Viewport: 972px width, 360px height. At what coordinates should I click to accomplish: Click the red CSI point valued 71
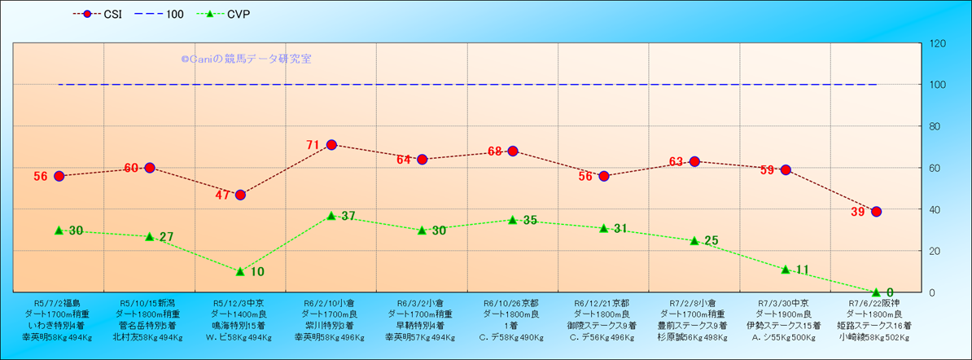click(331, 145)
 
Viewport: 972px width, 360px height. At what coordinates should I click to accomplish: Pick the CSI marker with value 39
click(877, 212)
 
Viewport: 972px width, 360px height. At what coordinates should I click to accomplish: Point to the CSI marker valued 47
click(240, 195)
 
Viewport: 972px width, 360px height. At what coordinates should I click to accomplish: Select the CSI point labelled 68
click(513, 151)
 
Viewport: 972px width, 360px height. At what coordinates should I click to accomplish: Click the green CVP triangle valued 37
click(331, 216)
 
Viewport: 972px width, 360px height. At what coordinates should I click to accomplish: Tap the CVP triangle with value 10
click(240, 271)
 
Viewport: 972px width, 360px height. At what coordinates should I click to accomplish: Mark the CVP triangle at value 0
click(877, 292)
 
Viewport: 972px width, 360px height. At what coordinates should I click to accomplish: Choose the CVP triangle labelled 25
click(694, 241)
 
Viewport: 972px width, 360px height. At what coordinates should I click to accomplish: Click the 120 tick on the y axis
click(937, 43)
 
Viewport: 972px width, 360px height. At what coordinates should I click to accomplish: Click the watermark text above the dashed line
click(246, 59)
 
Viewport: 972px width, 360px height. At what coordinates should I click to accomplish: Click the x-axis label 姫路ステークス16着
click(875, 325)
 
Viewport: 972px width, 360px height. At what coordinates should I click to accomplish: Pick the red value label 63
click(676, 162)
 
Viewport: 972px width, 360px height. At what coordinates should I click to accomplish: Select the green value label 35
click(530, 220)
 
